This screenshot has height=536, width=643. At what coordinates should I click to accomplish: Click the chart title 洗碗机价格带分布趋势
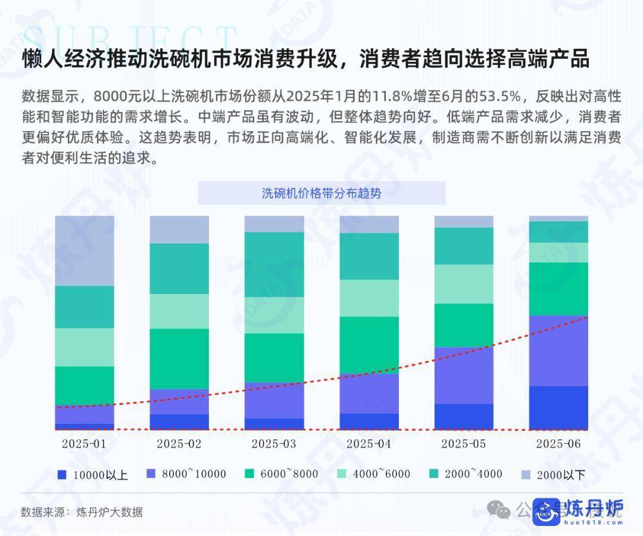(321, 193)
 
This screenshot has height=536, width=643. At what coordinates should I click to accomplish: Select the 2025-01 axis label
(84, 444)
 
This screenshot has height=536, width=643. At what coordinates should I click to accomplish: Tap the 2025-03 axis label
(274, 444)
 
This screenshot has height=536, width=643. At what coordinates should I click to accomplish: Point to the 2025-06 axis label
(558, 444)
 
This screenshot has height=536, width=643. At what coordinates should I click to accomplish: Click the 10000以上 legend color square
(61, 475)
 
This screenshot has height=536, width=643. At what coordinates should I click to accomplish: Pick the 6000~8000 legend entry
(281, 475)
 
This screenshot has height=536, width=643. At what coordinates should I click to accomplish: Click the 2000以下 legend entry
(554, 475)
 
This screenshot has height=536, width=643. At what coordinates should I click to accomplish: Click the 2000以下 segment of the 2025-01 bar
(84, 250)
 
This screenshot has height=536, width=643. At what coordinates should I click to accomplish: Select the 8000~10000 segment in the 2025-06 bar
(558, 351)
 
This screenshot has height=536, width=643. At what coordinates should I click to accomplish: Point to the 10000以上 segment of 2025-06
(558, 408)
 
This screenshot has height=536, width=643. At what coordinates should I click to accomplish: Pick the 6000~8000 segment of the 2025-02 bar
(179, 358)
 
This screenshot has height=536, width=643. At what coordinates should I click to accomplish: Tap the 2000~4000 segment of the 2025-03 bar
(274, 264)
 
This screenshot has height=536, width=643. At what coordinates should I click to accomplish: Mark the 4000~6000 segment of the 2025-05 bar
(464, 284)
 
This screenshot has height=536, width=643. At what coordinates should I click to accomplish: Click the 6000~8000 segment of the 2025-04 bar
(369, 345)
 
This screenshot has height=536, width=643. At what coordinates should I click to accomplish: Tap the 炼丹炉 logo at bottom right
(577, 510)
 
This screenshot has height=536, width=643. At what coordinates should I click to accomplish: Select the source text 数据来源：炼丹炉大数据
(82, 512)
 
